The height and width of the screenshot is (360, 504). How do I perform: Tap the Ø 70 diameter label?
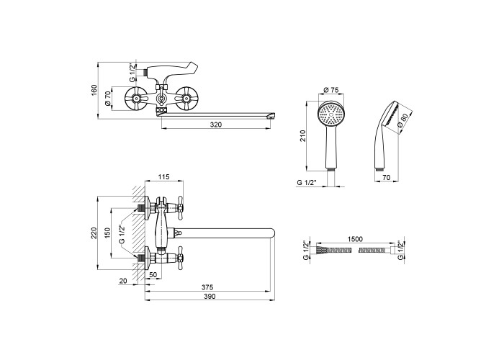pos(108,99)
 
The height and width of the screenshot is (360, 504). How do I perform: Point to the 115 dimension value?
pos(163,177)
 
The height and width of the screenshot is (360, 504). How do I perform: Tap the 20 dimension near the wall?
pos(124,280)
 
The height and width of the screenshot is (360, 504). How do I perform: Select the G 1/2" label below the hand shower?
pos(309,182)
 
